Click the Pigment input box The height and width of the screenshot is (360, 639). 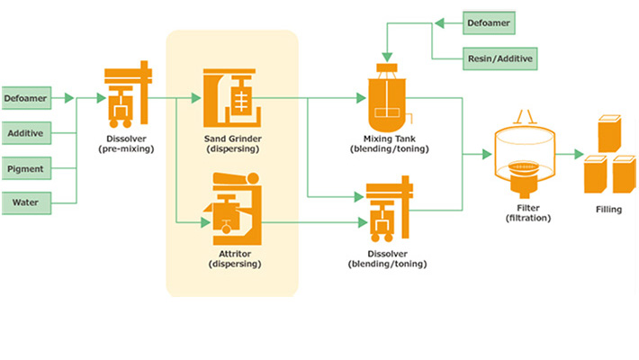pyautogui.click(x=26, y=168)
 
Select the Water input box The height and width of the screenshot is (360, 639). pyautogui.click(x=26, y=202)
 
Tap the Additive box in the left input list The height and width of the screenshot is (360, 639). pyautogui.click(x=26, y=133)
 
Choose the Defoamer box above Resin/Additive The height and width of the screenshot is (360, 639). pyautogui.click(x=491, y=20)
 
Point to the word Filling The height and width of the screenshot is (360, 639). pyautogui.click(x=607, y=210)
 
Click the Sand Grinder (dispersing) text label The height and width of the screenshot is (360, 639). pyautogui.click(x=232, y=143)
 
